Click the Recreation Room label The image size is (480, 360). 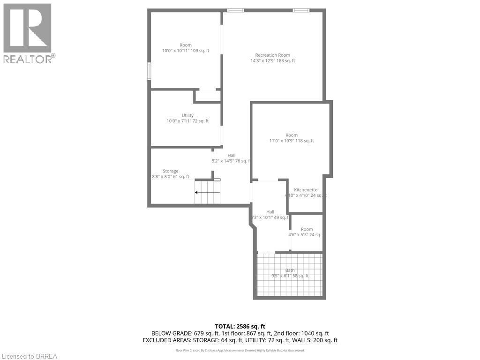[272, 55]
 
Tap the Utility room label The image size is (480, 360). [187, 115]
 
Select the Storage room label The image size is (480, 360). [171, 171]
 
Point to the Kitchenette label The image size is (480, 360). [306, 190]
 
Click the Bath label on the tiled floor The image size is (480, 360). [290, 270]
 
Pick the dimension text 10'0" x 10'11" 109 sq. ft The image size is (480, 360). [186, 51]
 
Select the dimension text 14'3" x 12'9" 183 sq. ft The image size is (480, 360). [272, 60]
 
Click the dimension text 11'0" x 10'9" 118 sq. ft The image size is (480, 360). [292, 141]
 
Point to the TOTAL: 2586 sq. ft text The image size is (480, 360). [240, 326]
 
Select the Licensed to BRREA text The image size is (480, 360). [29, 356]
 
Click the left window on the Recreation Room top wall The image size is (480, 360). [235, 10]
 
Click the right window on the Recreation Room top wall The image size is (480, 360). [301, 10]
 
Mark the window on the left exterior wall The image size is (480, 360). [150, 71]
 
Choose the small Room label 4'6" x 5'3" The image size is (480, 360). [307, 229]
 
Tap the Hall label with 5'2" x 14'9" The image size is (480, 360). [232, 155]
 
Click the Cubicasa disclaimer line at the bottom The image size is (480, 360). [240, 350]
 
